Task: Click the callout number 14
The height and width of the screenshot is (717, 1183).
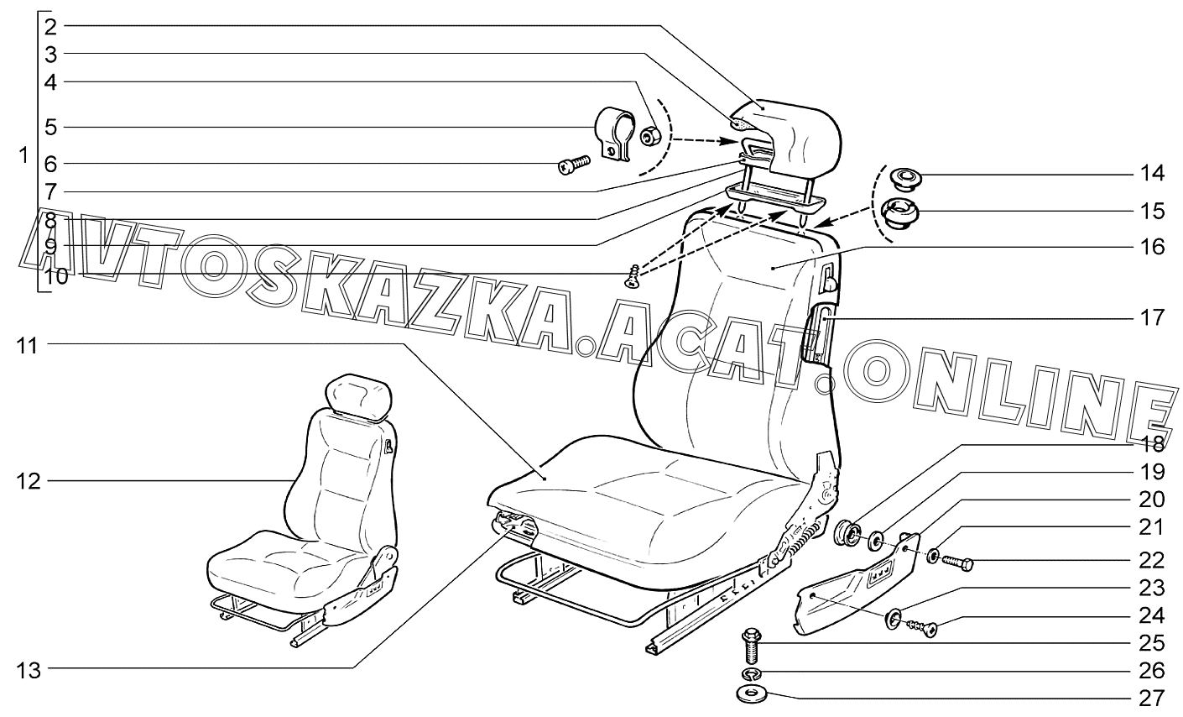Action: pyautogui.click(x=1152, y=173)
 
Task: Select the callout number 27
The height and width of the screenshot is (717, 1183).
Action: pyautogui.click(x=1152, y=699)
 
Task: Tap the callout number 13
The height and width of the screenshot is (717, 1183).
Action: pyautogui.click(x=28, y=671)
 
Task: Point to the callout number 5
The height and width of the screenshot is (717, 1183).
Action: pyautogui.click(x=50, y=128)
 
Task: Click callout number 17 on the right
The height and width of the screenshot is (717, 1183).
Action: pyautogui.click(x=1152, y=317)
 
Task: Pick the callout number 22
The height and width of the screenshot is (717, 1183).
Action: pyautogui.click(x=1152, y=560)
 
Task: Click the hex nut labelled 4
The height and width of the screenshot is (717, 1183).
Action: pyautogui.click(x=650, y=137)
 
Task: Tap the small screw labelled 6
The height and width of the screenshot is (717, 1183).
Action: pyautogui.click(x=574, y=165)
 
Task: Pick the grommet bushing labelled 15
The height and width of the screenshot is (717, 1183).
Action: pyautogui.click(x=901, y=213)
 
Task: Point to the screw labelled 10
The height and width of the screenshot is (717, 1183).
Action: pyautogui.click(x=633, y=276)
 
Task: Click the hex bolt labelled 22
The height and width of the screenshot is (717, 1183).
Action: pyautogui.click(x=957, y=563)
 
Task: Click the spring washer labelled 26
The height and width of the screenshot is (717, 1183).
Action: pyautogui.click(x=750, y=673)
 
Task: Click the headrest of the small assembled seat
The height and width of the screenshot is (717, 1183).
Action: pyautogui.click(x=360, y=397)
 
